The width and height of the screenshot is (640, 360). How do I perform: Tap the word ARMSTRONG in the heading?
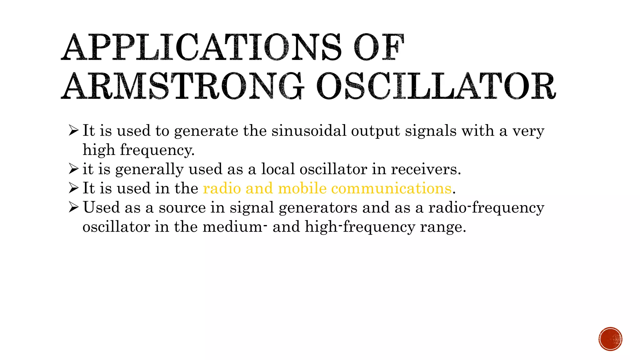pos(182,86)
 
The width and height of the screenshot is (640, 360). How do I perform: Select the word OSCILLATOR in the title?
pos(436,86)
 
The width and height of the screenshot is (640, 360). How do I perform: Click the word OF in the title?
pos(379,47)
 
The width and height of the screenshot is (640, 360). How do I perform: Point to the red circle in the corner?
pos(610,339)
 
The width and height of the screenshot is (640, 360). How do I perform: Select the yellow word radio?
pos(222,188)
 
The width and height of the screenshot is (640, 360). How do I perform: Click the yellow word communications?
pos(391,188)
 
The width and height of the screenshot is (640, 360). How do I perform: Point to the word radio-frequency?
pos(486,208)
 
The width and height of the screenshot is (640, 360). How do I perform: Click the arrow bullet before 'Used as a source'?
pos(73,207)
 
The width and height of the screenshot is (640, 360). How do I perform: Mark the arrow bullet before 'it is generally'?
pos(73,169)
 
